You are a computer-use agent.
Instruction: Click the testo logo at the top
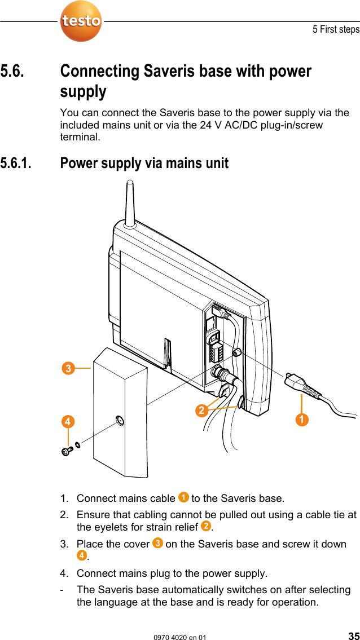click(x=81, y=21)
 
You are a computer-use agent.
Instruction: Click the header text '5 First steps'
click(x=336, y=29)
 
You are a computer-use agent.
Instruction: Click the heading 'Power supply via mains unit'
click(x=144, y=164)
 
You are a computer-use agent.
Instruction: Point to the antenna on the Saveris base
click(x=130, y=203)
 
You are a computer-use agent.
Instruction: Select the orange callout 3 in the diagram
click(x=68, y=369)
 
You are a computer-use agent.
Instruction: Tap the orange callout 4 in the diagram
click(x=68, y=421)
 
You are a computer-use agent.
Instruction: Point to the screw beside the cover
click(x=66, y=451)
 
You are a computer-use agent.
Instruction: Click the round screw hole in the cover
click(x=119, y=421)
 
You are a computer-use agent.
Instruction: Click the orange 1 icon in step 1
click(x=183, y=497)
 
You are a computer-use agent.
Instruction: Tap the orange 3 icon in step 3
click(x=157, y=544)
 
